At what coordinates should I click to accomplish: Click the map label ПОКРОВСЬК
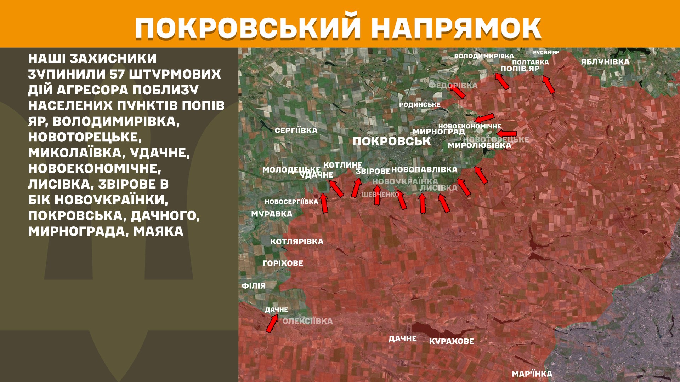(x=391, y=141)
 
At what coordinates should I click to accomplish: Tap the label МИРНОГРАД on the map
(x=438, y=132)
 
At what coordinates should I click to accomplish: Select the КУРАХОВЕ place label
(x=451, y=341)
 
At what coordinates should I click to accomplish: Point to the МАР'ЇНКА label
(x=532, y=374)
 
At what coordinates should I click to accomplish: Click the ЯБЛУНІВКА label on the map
(x=605, y=62)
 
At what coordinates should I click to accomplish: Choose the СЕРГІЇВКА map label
(x=296, y=131)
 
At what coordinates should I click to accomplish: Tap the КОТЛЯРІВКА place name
(x=297, y=242)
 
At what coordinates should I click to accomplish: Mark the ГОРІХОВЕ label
(x=283, y=263)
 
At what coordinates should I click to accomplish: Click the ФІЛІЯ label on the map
(x=254, y=286)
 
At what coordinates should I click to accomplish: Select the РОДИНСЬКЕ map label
(x=420, y=105)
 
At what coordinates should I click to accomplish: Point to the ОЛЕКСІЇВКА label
(x=307, y=321)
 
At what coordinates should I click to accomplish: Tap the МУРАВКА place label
(x=272, y=214)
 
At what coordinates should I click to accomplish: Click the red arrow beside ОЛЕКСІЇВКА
(x=272, y=323)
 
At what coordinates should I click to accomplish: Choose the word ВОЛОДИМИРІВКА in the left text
(x=116, y=121)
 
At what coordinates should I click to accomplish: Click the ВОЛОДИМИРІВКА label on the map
(x=484, y=56)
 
